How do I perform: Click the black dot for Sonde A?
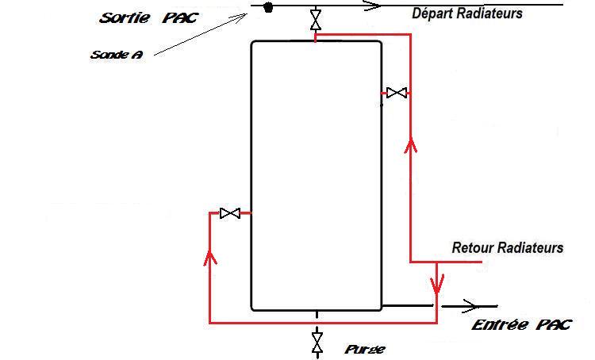coord(268,8)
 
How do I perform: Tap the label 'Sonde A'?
coord(117,55)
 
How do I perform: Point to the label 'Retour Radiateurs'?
coord(507,247)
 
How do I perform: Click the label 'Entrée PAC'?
coord(520,325)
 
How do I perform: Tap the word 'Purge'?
coord(365,349)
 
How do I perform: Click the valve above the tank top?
coord(317,19)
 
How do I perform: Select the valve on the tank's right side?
coord(396,94)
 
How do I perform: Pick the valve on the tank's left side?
coord(230,213)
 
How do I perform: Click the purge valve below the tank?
coord(317,343)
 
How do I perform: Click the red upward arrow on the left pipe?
coord(210,257)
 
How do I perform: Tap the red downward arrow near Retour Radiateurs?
coord(437,282)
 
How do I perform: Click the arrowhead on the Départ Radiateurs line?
coord(370,6)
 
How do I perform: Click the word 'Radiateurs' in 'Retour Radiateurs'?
coord(530,247)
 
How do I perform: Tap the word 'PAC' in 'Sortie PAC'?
coord(179,17)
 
